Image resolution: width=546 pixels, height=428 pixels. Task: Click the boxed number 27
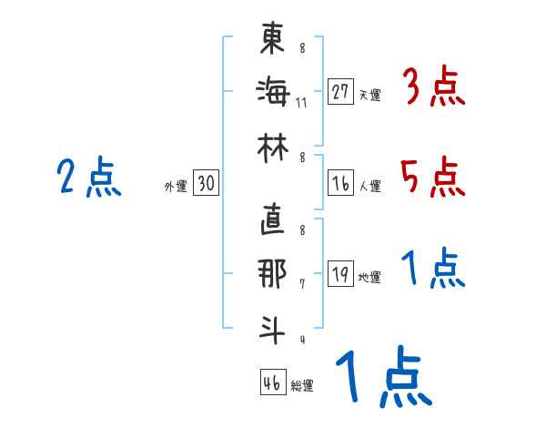341,91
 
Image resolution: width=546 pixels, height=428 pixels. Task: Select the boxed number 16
341,183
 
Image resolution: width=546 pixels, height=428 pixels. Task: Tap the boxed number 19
341,274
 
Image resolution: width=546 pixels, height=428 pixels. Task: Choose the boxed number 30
206,183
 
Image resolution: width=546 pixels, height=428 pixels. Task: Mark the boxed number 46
272,382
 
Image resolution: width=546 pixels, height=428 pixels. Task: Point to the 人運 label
370,187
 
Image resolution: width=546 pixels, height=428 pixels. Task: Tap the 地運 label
370,278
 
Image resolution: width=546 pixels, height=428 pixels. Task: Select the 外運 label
176,187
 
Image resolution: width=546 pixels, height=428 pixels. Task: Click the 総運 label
302,385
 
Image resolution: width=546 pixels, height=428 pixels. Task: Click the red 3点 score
433,88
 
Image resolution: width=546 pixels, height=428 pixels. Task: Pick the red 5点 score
433,177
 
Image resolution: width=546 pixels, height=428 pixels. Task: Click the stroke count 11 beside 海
301,102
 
